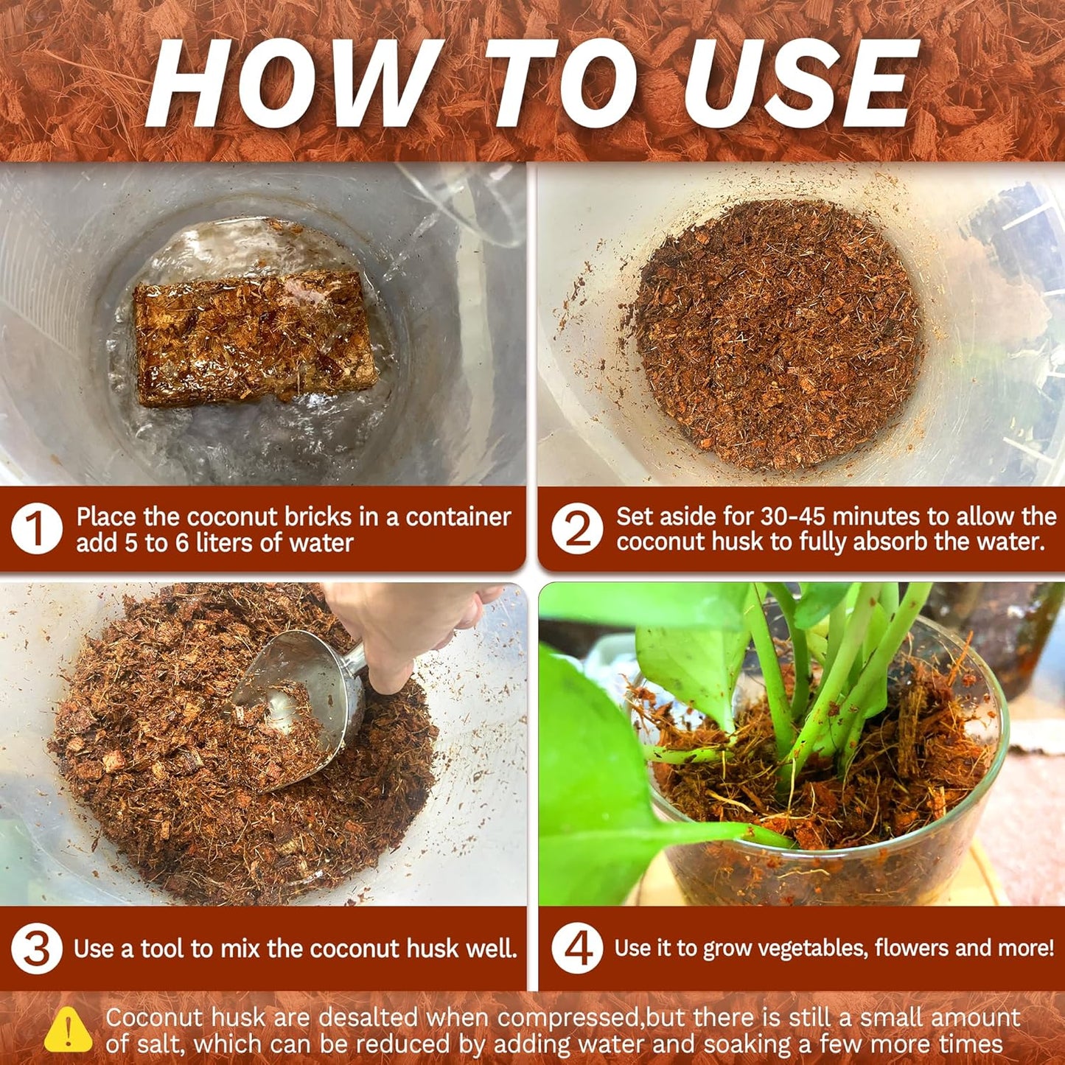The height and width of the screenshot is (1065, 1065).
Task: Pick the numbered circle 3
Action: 36,949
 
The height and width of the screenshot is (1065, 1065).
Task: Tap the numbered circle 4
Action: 577,949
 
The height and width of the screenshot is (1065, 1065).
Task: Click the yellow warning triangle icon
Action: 68,1029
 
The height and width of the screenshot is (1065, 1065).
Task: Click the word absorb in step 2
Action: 890,542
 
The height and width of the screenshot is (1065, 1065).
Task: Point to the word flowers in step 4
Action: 904,949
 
